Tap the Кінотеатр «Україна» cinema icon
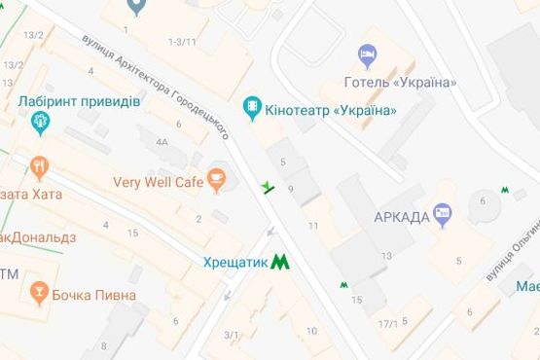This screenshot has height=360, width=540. coord(252,104)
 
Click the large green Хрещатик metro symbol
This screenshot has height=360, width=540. coord(279,261)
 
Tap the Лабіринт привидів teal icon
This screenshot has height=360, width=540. coord(39,121)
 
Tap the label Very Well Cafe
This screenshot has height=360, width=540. coord(157,181)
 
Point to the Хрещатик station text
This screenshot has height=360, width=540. coord(234,262)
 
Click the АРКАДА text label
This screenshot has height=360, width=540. coord(401,216)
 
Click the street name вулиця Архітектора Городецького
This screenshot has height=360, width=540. coord(155,87)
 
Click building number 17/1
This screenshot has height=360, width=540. coord(388,323)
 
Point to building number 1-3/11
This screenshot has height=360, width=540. coord(182,42)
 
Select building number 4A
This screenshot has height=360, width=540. coord(161,142)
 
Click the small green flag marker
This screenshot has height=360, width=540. coord(268,186)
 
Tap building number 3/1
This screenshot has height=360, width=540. coord(232,336)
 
